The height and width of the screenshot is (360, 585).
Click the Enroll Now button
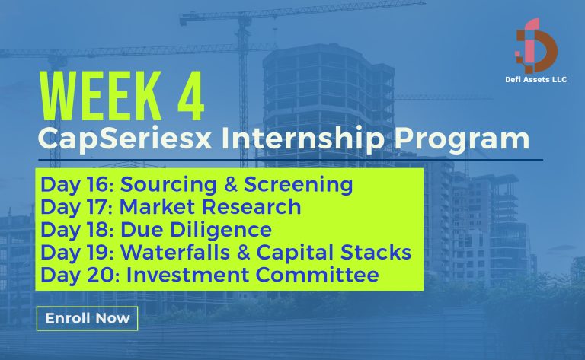pyautogui.click(x=87, y=318)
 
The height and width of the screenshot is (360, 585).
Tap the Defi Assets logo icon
pyautogui.click(x=537, y=46)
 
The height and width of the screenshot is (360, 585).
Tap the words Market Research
pyautogui.click(x=212, y=208)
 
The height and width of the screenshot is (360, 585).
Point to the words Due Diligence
pyautogui.click(x=198, y=230)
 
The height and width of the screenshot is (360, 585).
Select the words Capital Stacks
pyautogui.click(x=332, y=252)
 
